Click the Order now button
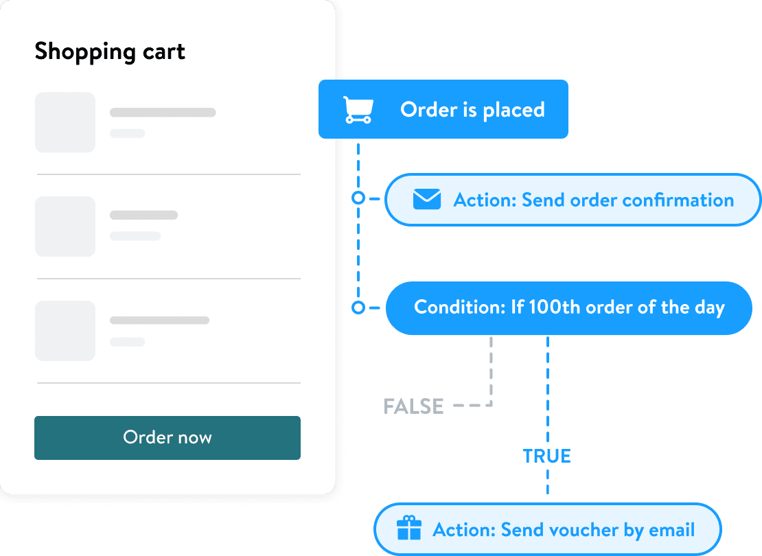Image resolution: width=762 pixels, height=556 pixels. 168,437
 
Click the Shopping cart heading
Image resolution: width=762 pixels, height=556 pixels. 110,51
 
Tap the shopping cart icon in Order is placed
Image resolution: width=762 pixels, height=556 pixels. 358,110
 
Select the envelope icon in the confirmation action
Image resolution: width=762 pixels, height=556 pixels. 426,200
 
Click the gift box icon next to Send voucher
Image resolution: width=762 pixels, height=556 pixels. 409,529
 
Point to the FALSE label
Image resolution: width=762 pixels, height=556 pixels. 413,406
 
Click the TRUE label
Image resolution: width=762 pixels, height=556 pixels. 546,456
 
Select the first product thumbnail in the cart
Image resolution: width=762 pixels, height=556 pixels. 65,122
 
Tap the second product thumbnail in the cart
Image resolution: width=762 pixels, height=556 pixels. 65,227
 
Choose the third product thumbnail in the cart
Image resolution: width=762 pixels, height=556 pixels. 65,331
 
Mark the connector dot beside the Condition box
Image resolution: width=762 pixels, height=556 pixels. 358,308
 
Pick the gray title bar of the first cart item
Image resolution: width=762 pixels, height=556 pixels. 163,112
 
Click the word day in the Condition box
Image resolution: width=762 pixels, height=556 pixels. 709,307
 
